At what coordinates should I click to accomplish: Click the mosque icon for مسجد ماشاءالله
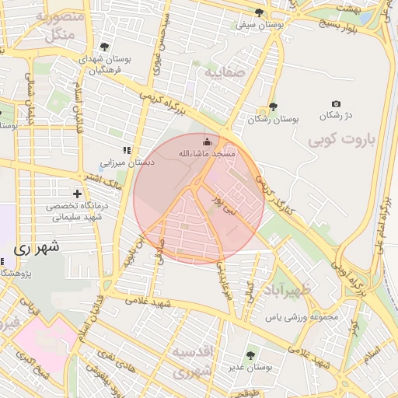click(207, 141)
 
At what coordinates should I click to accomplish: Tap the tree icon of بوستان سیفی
click(259, 12)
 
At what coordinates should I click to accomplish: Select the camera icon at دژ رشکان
click(336, 103)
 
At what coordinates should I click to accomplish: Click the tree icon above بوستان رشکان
click(273, 107)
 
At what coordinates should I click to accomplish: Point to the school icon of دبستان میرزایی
click(126, 149)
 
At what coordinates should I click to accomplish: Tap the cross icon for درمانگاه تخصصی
click(77, 193)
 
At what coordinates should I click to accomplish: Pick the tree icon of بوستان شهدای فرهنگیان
click(104, 47)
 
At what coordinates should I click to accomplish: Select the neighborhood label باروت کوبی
click(340, 141)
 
